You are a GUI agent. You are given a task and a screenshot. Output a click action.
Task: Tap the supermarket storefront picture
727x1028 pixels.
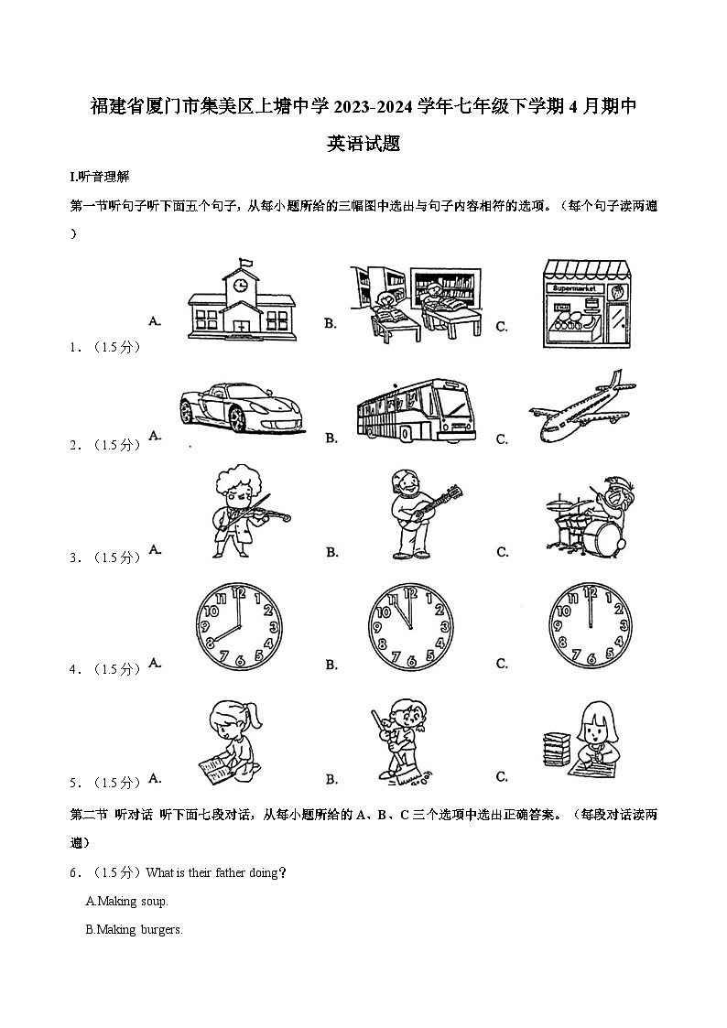(587, 301)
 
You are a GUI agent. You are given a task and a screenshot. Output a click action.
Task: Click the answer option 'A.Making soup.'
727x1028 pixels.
(126, 902)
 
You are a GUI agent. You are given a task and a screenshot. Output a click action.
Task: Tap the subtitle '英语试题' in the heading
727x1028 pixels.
(363, 144)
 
